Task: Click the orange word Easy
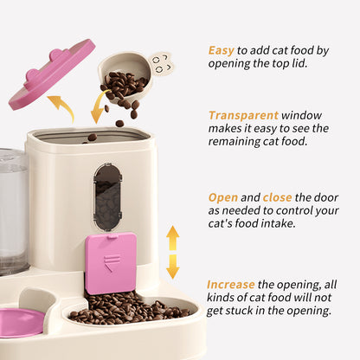(222, 50)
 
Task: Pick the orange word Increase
(231, 284)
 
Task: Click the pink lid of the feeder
(51, 74)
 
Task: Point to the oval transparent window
(108, 197)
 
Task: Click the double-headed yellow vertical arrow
(173, 252)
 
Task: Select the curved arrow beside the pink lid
(61, 107)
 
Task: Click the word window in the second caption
(305, 114)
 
